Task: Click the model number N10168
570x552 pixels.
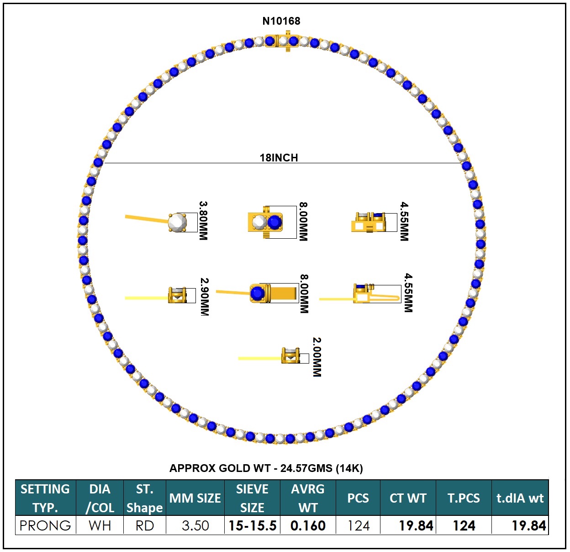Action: [x=281, y=21]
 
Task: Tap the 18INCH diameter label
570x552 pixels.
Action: [x=279, y=158]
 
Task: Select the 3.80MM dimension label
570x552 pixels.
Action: [x=203, y=221]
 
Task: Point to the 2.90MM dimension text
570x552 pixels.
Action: [x=205, y=297]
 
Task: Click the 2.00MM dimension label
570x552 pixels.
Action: [x=317, y=357]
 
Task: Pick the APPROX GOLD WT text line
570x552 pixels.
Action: [x=266, y=468]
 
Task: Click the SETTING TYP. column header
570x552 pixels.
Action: [x=45, y=498]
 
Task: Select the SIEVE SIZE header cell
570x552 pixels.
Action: [x=252, y=498]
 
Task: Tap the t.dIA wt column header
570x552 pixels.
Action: [x=520, y=498]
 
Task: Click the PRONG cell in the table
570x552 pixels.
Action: [x=45, y=525]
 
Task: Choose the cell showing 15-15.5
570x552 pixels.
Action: [x=252, y=525]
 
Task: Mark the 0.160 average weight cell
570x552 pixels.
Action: [x=308, y=525]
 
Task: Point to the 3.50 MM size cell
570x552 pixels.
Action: [x=195, y=525]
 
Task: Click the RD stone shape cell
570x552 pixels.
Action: [x=144, y=525]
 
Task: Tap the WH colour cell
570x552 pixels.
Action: [x=100, y=525]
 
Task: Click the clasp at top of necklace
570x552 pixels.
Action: [x=287, y=41]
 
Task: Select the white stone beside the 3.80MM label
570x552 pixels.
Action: [x=177, y=223]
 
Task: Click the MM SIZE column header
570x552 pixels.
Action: [x=195, y=498]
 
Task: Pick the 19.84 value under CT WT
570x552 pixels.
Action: [x=415, y=525]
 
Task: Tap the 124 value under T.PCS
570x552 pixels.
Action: [x=464, y=525]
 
